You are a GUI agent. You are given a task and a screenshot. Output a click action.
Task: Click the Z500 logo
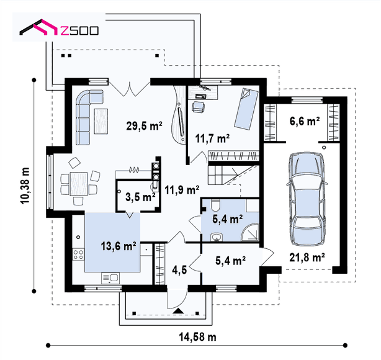click(59, 27)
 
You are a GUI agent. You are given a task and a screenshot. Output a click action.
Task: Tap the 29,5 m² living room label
click(144, 126)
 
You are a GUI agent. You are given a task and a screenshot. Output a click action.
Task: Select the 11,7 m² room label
click(212, 138)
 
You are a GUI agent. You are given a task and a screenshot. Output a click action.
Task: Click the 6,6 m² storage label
click(305, 121)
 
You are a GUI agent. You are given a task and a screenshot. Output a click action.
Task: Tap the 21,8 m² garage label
click(307, 257)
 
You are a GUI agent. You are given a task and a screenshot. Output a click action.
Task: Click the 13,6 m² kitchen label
click(119, 246)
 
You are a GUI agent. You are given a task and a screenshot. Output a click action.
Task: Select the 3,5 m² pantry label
click(140, 197)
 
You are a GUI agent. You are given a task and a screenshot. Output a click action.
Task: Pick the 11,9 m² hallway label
click(182, 189)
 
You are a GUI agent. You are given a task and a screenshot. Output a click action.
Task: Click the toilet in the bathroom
click(215, 205)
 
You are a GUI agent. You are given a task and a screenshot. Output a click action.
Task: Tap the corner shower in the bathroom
click(250, 232)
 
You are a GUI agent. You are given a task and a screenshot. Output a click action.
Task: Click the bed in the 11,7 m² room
click(246, 109)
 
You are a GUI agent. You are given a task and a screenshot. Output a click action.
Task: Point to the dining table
click(78, 184)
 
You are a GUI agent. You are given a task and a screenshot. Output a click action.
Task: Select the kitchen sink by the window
click(110, 278)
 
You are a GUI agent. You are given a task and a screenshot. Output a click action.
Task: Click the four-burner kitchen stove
click(78, 254)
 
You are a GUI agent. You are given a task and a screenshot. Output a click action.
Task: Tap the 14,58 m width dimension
click(197, 337)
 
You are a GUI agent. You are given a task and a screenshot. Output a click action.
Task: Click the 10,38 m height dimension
click(25, 186)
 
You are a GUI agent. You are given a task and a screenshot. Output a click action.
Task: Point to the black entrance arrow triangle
click(178, 311)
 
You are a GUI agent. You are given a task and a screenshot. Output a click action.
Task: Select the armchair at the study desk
click(199, 107)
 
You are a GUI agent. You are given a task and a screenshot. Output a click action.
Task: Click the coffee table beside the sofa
click(101, 121)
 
